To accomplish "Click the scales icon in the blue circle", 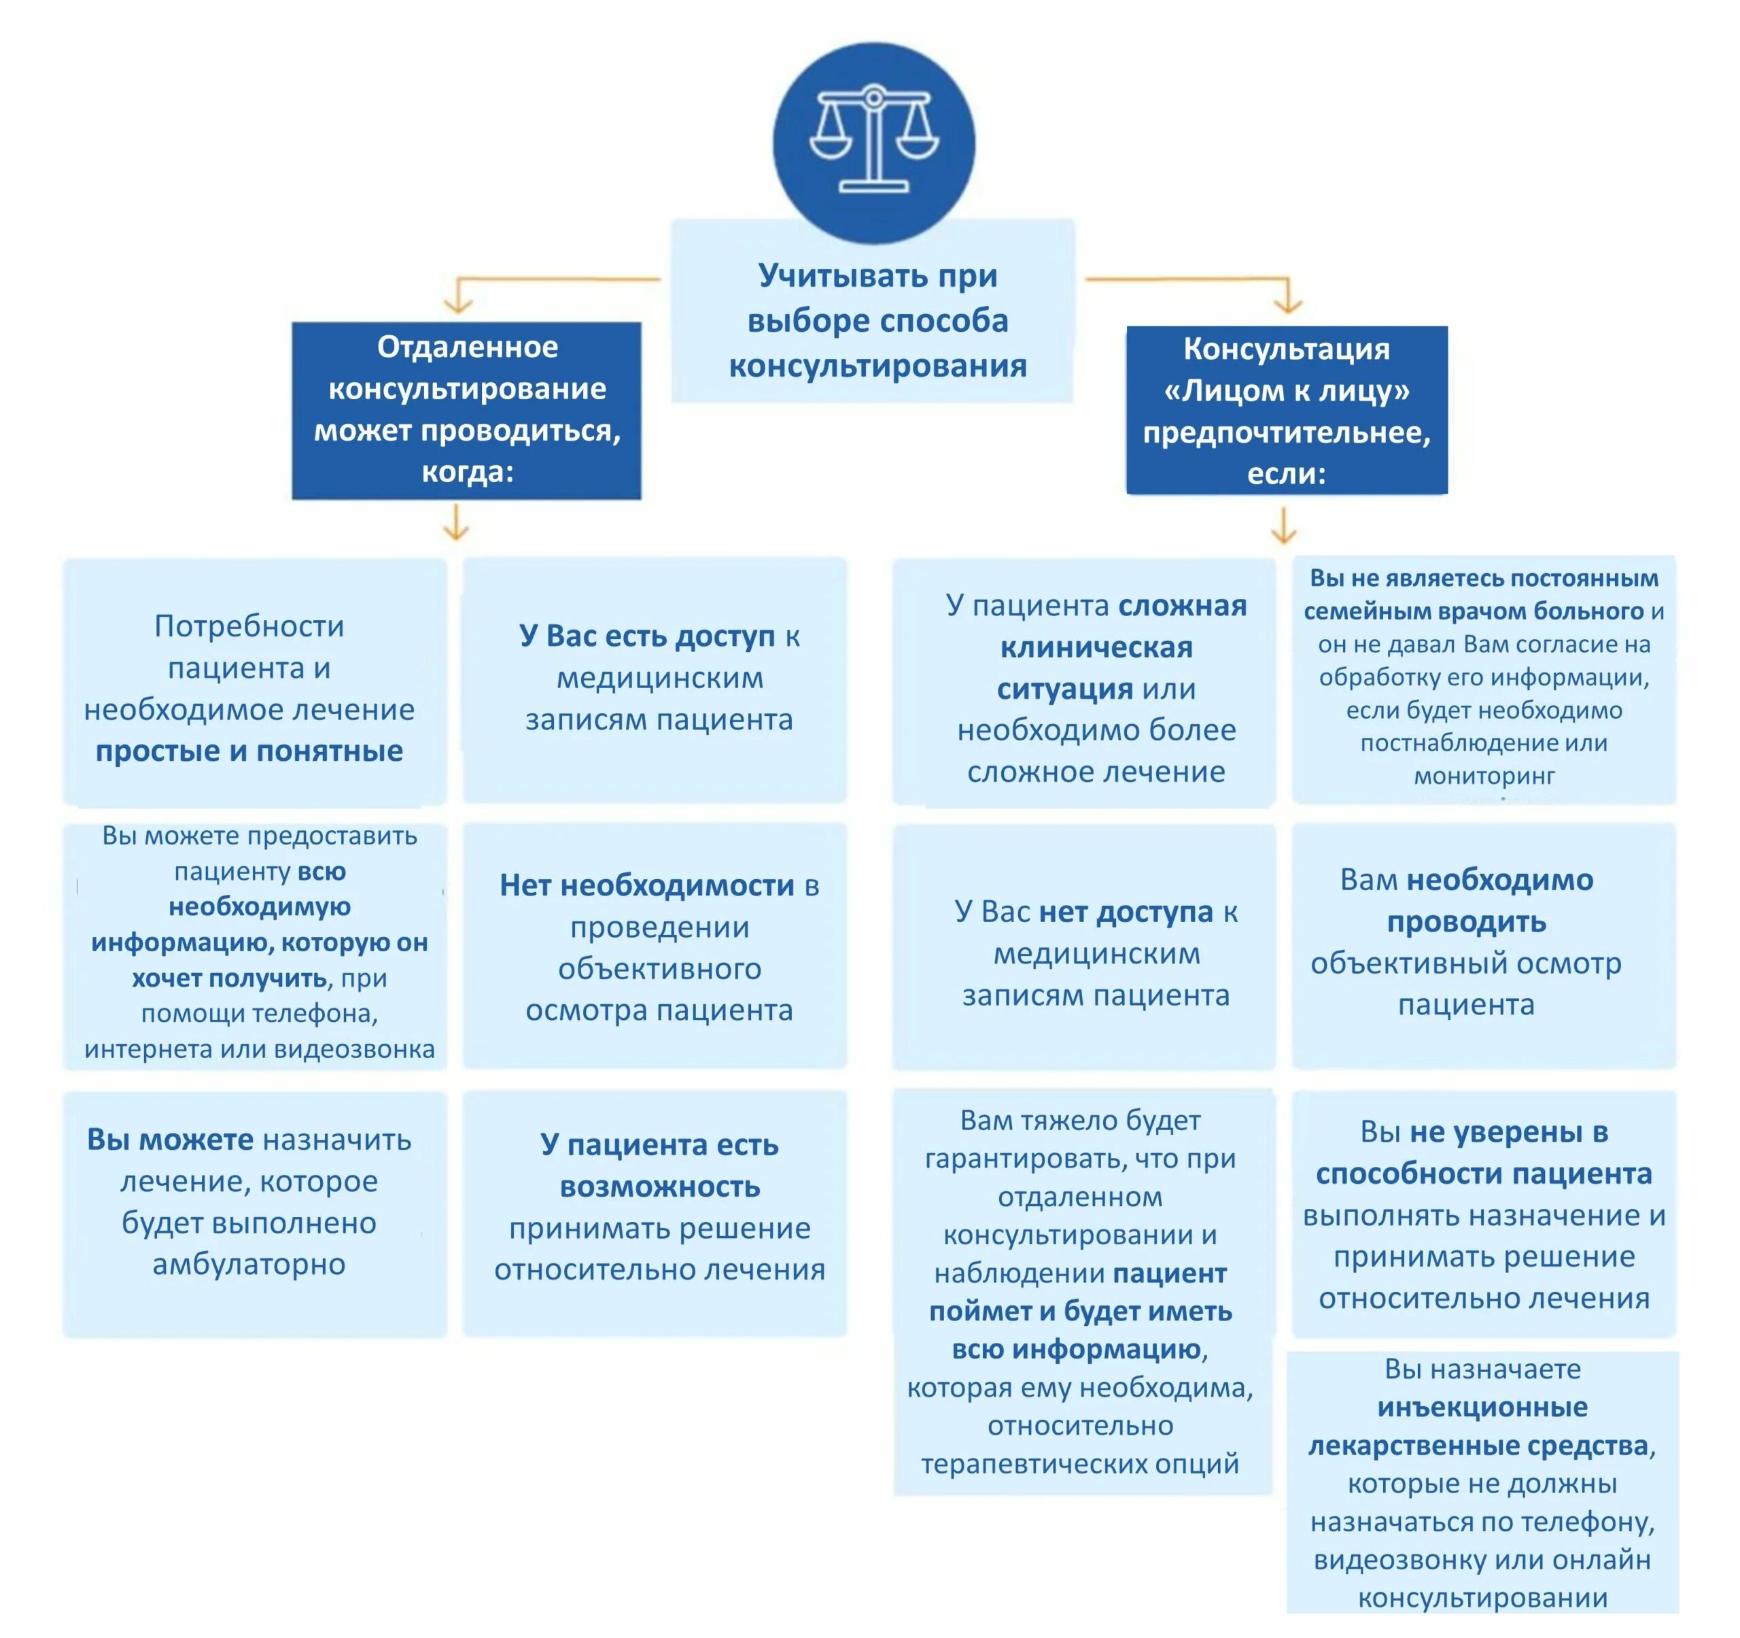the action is pyautogui.click(x=873, y=140).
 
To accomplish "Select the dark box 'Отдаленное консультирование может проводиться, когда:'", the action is pyautogui.click(x=466, y=410).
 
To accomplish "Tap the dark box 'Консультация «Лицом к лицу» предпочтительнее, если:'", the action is pyautogui.click(x=1286, y=411).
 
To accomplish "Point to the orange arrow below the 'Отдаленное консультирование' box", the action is pyautogui.click(x=456, y=524).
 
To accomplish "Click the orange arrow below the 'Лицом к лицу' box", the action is pyautogui.click(x=1283, y=526).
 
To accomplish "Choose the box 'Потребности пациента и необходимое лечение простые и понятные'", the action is pyautogui.click(x=254, y=683).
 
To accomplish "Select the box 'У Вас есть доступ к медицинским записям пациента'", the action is pyautogui.click(x=655, y=679).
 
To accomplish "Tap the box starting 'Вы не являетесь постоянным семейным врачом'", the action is pyautogui.click(x=1484, y=679).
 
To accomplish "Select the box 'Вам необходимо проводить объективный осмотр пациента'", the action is pyautogui.click(x=1484, y=944).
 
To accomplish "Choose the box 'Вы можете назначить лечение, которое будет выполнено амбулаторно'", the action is pyautogui.click(x=254, y=1212).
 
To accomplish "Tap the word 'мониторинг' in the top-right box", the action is pyautogui.click(x=1484, y=776).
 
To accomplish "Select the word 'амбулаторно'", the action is pyautogui.click(x=249, y=1264).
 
